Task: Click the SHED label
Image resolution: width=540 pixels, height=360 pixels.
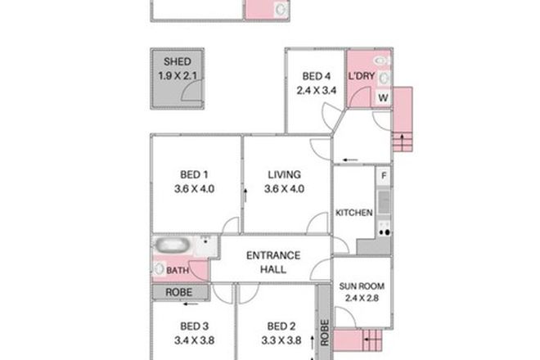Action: [x=178, y=62]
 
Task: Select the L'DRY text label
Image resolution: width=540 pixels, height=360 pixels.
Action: [x=361, y=77]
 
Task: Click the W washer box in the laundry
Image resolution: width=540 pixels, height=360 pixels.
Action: [x=382, y=97]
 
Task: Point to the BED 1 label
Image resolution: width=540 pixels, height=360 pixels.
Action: [x=195, y=174]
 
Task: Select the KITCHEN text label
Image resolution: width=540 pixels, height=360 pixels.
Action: [x=354, y=213]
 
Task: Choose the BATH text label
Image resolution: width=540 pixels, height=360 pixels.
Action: [x=178, y=269]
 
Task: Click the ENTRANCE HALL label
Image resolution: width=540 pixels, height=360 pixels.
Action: [x=273, y=261]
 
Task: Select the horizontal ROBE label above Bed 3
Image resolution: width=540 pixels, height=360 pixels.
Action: [x=179, y=291]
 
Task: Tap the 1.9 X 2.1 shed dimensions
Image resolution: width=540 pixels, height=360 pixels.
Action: [x=178, y=76]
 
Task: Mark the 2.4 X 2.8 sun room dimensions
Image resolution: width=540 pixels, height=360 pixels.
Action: [x=361, y=299]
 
